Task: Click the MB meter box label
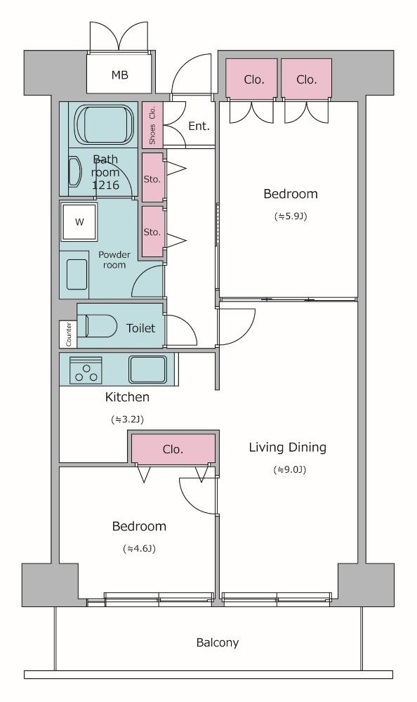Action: click(119, 74)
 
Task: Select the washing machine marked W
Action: click(79, 222)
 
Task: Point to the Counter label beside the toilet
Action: click(69, 334)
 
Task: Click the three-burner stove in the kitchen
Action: click(86, 370)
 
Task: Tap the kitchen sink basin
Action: click(148, 370)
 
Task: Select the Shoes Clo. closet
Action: click(152, 125)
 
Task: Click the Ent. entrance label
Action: click(199, 126)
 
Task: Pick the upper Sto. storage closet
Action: click(153, 177)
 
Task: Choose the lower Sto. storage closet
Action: click(153, 231)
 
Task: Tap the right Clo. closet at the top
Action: click(307, 79)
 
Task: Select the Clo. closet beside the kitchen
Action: click(173, 449)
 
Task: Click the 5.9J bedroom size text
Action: click(291, 216)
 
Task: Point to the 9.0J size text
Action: click(289, 469)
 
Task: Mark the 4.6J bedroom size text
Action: click(139, 548)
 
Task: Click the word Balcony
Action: click(218, 643)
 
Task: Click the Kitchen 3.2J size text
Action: click(127, 420)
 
